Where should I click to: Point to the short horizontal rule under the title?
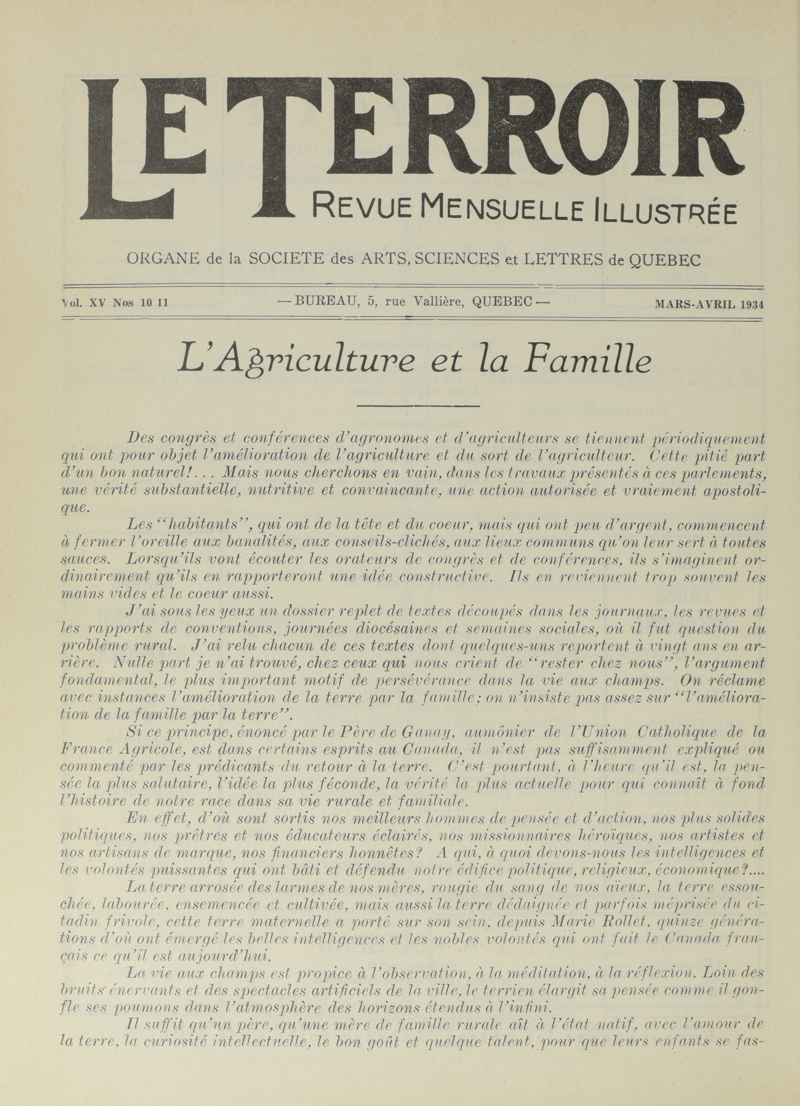point(418,405)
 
